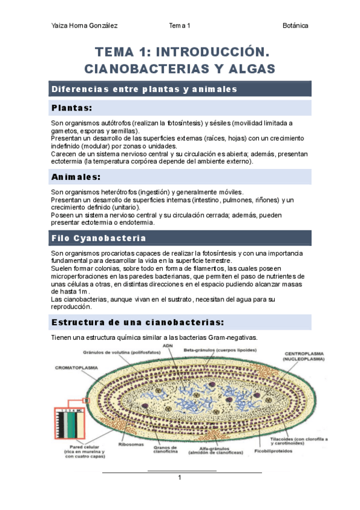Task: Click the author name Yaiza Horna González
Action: pyautogui.click(x=84, y=26)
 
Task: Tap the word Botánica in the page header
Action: pyautogui.click(x=295, y=26)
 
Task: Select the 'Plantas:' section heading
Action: pyautogui.click(x=72, y=108)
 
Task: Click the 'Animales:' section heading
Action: pyautogui.click(x=76, y=177)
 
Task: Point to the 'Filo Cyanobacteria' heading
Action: pyautogui.click(x=98, y=238)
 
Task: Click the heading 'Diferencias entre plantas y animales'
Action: pyautogui.click(x=144, y=89)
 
